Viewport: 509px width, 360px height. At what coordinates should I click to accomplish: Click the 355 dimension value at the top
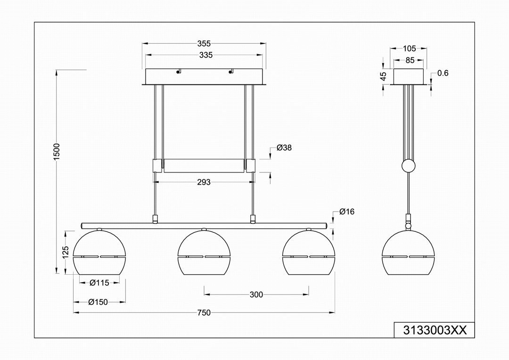pyautogui.click(x=204, y=43)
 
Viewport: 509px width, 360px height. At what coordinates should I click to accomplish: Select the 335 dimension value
pyautogui.click(x=206, y=55)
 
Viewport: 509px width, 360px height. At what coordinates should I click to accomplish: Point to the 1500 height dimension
pyautogui.click(x=57, y=151)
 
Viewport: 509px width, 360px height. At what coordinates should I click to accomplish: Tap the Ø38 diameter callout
pyautogui.click(x=284, y=147)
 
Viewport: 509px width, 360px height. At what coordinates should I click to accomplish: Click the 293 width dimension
pyautogui.click(x=204, y=182)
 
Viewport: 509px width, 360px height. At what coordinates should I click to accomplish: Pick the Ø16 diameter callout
pyautogui.click(x=347, y=212)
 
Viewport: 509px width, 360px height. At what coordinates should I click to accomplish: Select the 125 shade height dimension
pyautogui.click(x=66, y=252)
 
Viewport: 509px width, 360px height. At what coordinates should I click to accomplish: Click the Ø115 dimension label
pyautogui.click(x=99, y=283)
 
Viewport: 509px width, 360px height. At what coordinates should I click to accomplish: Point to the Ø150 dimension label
pyautogui.click(x=98, y=302)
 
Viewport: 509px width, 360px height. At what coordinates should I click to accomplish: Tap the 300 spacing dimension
pyautogui.click(x=256, y=295)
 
